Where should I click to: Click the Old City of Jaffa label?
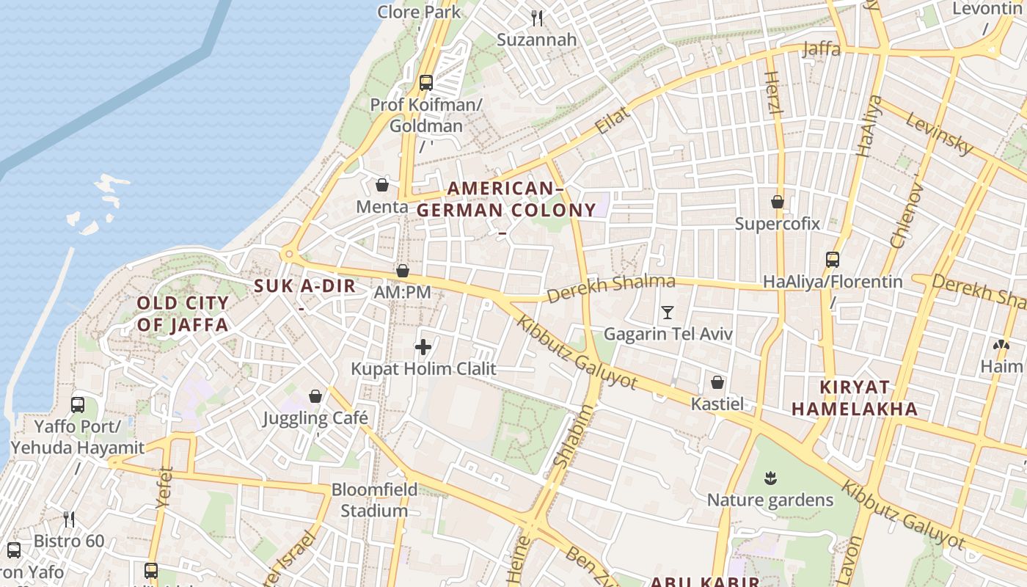click(183, 313)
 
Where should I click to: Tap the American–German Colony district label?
click(506, 199)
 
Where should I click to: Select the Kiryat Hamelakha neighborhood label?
click(855, 398)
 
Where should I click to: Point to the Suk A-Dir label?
click(304, 286)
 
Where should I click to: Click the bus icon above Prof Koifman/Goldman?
click(425, 82)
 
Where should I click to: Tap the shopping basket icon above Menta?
click(381, 185)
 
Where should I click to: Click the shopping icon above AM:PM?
click(402, 271)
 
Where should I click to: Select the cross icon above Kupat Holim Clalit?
click(423, 347)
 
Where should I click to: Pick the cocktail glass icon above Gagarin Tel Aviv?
click(667, 313)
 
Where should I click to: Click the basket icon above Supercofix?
click(778, 201)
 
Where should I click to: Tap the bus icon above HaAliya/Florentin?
click(832, 259)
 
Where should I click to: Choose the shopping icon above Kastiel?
click(717, 382)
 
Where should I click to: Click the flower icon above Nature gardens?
click(770, 478)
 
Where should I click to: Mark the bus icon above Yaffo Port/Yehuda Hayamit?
click(77, 404)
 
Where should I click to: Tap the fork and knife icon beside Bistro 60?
click(69, 519)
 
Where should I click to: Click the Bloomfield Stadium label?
click(374, 500)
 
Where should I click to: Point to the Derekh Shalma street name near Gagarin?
click(611, 288)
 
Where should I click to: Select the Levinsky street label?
click(938, 133)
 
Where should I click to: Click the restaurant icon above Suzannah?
click(537, 18)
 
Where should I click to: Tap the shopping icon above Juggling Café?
click(315, 396)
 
